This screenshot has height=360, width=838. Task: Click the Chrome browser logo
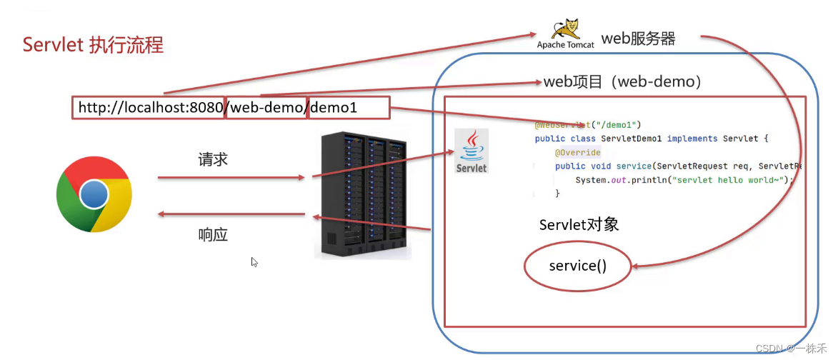[x=94, y=194]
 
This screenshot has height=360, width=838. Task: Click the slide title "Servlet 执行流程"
[x=93, y=45]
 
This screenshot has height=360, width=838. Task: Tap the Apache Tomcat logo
[x=565, y=34]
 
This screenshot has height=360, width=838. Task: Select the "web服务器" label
[x=638, y=39]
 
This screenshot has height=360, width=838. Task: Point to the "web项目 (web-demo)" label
[x=622, y=82]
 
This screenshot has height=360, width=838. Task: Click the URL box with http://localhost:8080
[x=149, y=108]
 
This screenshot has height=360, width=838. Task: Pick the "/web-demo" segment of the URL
[x=266, y=108]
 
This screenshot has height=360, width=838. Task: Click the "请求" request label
[x=213, y=159]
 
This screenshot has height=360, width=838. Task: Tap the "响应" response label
[x=213, y=234]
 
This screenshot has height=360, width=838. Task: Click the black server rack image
[x=363, y=194]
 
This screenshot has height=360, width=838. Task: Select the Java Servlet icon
[x=472, y=151]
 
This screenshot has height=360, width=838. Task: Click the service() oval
[x=577, y=266]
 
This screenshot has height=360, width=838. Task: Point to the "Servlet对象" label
[x=579, y=224]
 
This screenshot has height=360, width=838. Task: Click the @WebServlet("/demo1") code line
[x=588, y=125]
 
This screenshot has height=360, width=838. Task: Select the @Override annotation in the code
[x=577, y=153]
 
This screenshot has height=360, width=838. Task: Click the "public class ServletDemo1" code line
[x=650, y=139]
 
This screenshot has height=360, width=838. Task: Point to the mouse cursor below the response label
[x=254, y=262]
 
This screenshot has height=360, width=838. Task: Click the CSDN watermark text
[x=785, y=349]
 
